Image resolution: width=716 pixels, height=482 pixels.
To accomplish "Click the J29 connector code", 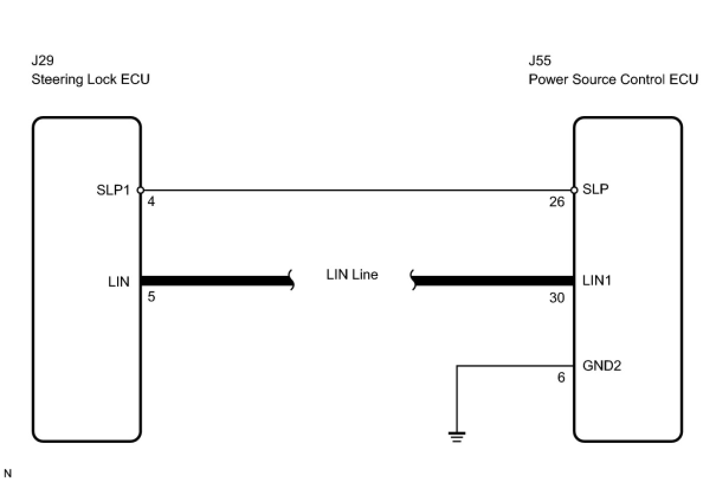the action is tap(43, 60).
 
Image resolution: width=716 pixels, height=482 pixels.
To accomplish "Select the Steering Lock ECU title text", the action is tap(91, 79).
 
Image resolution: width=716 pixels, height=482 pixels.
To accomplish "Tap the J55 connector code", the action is tap(540, 60).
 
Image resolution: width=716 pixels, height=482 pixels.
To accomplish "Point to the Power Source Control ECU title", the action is tap(614, 79).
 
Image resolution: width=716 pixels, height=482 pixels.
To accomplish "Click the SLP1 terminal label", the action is tap(113, 190).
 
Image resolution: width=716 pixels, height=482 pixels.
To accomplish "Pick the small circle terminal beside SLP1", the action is tap(140, 190).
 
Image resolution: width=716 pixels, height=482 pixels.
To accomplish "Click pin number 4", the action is tap(151, 201).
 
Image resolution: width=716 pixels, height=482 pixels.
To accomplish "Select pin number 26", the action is tap(557, 202).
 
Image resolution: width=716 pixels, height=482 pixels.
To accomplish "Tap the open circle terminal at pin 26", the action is tap(574, 190).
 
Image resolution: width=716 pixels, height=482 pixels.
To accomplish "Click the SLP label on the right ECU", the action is tap(595, 189).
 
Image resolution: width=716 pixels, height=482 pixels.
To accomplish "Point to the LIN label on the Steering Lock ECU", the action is tap(118, 282).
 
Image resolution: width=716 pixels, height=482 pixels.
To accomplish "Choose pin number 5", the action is tap(151, 297).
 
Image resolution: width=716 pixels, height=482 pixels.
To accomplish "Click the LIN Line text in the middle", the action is tap(352, 274).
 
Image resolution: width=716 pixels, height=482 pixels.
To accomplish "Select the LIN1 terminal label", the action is tap(597, 281).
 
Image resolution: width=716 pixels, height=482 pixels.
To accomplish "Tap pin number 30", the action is tap(557, 298).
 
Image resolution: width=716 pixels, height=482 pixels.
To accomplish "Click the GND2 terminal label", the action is tap(602, 365).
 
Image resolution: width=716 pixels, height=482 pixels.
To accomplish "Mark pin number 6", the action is tap(561, 378).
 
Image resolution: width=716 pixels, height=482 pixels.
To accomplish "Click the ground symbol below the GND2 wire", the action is tap(457, 436).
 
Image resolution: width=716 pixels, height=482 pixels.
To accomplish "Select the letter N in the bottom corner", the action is tap(8, 473).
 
